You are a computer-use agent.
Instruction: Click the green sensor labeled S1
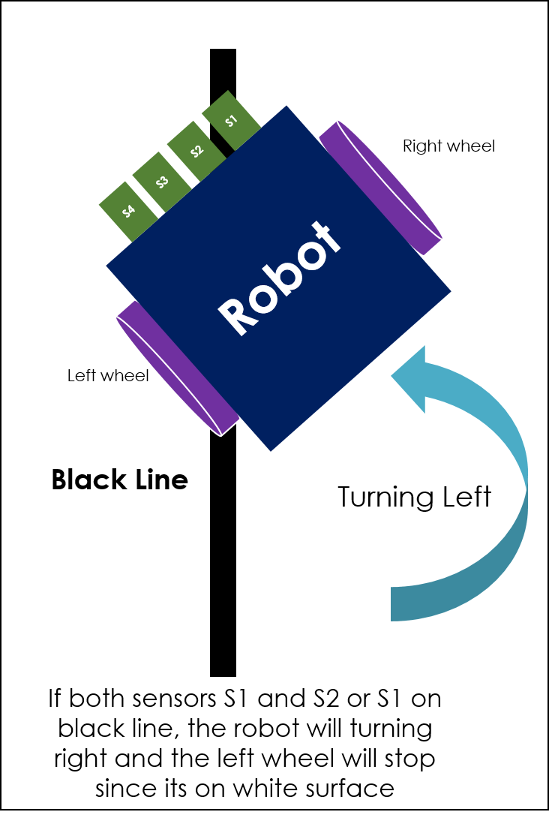tap(231, 120)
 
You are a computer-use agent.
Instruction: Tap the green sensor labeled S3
tap(162, 182)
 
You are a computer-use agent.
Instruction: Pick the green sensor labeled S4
tap(128, 211)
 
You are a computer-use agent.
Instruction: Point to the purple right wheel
tap(380, 187)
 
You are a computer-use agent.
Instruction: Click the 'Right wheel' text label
tap(448, 146)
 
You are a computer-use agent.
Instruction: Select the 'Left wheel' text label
tap(108, 375)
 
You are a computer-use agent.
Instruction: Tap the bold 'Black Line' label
tap(119, 479)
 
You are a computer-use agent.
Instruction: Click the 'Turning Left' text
tap(414, 497)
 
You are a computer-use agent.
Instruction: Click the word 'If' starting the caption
tap(55, 699)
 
